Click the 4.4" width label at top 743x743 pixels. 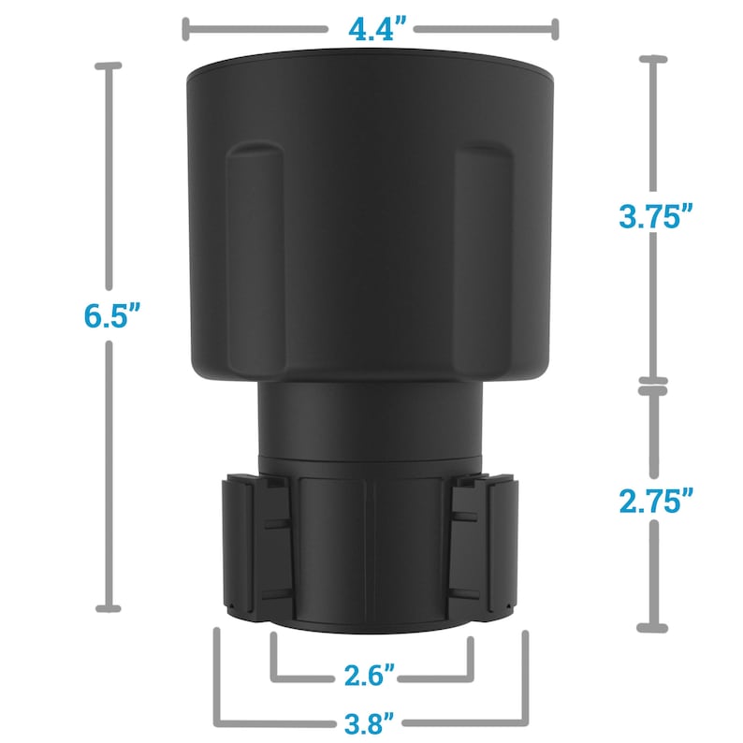click(371, 29)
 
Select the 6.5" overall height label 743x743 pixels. click(111, 316)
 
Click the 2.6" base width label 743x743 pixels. click(371, 675)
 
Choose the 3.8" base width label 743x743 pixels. click(371, 722)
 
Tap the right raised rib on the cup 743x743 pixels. click(483, 253)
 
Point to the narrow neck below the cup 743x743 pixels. click(371, 421)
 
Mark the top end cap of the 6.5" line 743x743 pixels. click(110, 66)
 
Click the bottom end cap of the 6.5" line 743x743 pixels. click(110, 608)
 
